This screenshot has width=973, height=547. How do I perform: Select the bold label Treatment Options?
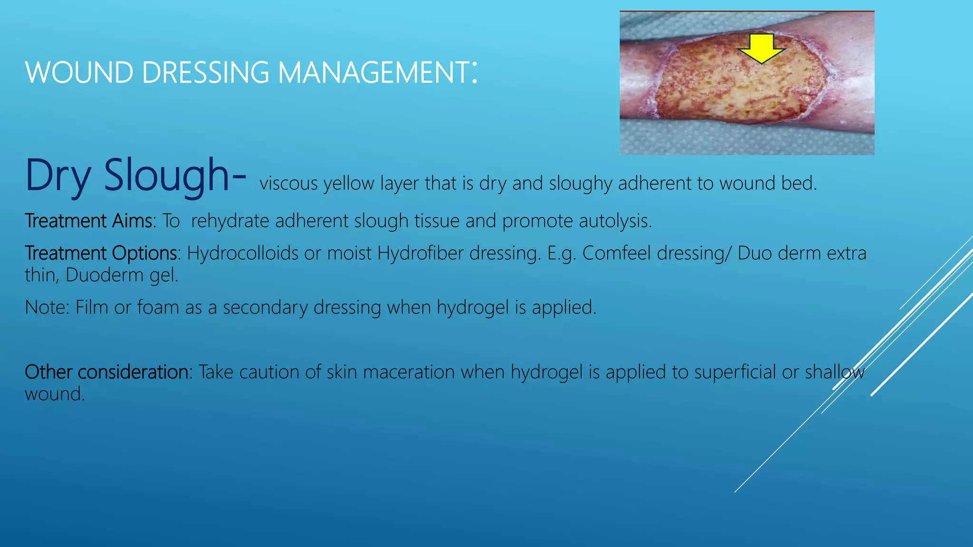(101, 253)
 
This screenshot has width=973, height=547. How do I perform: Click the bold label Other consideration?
(107, 372)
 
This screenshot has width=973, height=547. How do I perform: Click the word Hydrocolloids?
(242, 253)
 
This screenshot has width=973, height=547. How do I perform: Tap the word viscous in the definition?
(288, 183)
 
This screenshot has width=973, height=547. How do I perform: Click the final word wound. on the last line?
(55, 394)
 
